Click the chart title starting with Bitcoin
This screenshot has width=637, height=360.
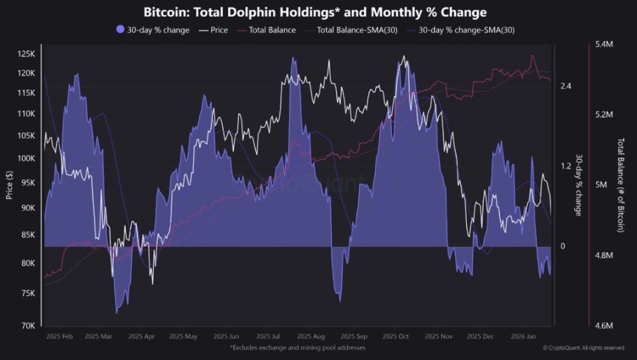click(x=315, y=12)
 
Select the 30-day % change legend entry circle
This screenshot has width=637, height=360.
click(x=120, y=29)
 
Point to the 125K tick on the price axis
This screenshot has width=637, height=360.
click(x=27, y=54)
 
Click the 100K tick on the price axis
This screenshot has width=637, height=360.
click(x=27, y=158)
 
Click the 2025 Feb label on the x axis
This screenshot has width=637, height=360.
click(x=60, y=336)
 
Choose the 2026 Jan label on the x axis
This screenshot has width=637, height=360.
click(x=524, y=336)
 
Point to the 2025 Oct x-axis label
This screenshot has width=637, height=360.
click(x=394, y=336)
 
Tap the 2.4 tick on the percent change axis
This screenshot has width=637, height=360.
click(x=565, y=86)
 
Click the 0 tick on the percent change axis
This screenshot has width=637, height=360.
click(x=562, y=246)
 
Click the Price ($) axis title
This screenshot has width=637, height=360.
click(x=9, y=185)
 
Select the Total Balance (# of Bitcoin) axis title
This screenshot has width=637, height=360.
click(x=620, y=185)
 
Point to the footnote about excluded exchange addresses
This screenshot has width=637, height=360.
click(x=297, y=348)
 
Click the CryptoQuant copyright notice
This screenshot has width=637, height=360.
click(x=583, y=348)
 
